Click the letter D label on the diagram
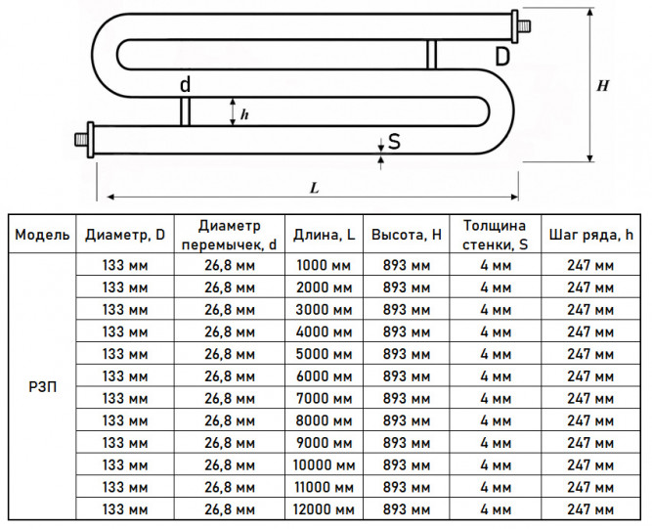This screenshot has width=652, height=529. coord(502,56)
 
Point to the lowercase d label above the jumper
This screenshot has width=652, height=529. coord(186,84)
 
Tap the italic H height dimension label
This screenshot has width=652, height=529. coord(602,86)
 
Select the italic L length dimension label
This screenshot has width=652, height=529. coord(315,188)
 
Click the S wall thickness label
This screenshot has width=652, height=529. coord(394,142)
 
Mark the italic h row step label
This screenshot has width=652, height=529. coord(244,114)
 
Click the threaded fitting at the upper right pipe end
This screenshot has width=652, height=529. coord(520,27)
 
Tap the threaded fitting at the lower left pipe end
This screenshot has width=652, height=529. coord(85,139)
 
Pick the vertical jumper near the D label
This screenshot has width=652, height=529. coord(431,55)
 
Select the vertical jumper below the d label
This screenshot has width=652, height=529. coord(186,111)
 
